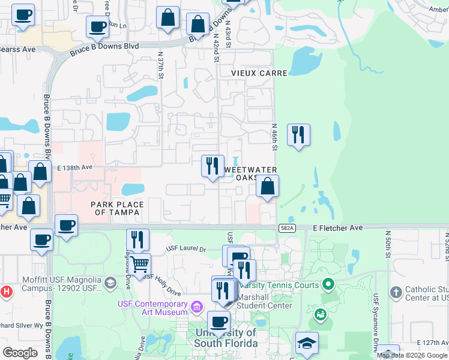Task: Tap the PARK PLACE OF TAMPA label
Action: (117, 208)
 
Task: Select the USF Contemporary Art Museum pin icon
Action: (196, 308)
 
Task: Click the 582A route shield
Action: (286, 228)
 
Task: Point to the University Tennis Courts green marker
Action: (327, 284)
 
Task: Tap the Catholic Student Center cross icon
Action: (395, 292)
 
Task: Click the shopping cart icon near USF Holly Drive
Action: (140, 263)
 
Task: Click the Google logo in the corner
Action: (20, 352)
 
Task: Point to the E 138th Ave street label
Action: (76, 167)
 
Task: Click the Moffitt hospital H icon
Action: (6, 292)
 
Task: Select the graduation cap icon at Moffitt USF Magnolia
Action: (110, 283)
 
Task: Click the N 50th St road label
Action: (388, 246)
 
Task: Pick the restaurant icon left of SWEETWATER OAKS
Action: (212, 166)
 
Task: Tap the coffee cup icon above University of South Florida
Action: (218, 321)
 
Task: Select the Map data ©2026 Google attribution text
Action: (411, 355)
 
